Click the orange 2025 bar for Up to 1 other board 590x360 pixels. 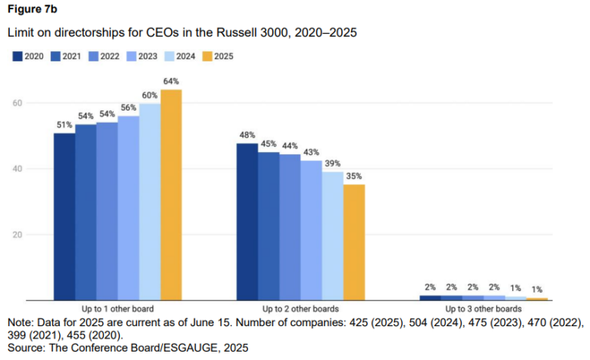point(171,195)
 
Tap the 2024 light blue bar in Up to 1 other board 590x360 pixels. point(150,201)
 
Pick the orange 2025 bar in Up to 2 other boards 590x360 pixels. point(354,243)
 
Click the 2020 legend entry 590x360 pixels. point(28,56)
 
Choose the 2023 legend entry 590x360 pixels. point(141,56)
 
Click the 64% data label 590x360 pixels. point(171,81)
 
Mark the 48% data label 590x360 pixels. point(247,135)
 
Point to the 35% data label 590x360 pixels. point(354,176)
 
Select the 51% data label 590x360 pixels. point(65,124)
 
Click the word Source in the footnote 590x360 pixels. point(25,348)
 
